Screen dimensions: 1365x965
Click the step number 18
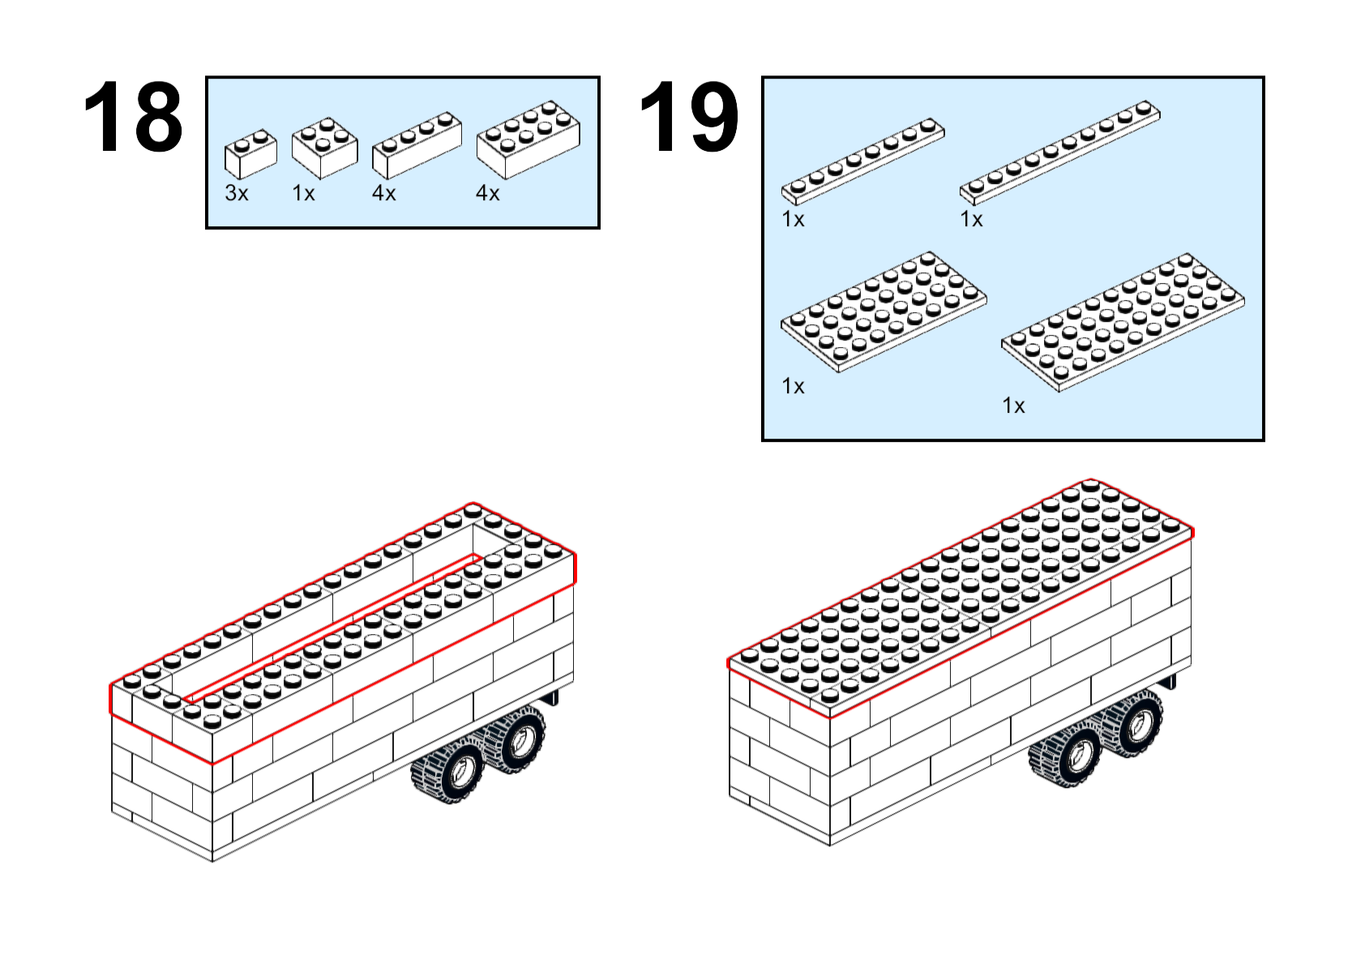(134, 117)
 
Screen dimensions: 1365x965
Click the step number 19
(690, 117)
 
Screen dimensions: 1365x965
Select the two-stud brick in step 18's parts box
(250, 153)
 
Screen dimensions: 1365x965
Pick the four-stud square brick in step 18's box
(324, 148)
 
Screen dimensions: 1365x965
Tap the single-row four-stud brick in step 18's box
(417, 145)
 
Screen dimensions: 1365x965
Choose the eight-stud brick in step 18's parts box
(528, 140)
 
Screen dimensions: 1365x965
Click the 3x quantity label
(237, 193)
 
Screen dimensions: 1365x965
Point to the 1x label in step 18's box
(303, 193)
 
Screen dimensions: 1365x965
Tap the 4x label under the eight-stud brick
(487, 193)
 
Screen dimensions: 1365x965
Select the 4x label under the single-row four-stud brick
(384, 193)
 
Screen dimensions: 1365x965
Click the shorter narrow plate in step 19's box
(863, 161)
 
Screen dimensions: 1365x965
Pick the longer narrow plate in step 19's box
(1060, 153)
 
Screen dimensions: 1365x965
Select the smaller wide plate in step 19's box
(884, 311)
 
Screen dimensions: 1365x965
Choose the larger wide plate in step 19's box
(1123, 323)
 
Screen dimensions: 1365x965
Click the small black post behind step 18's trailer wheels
(554, 697)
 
